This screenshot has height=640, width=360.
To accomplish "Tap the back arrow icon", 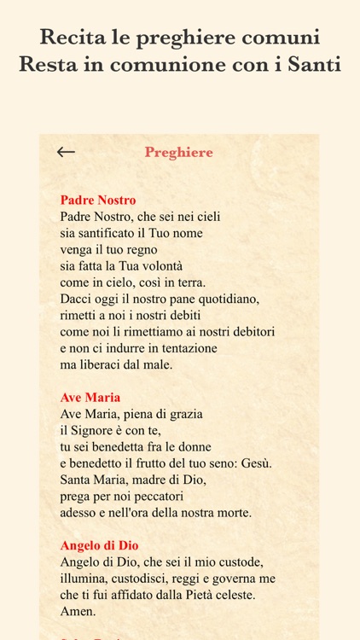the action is (x=66, y=153).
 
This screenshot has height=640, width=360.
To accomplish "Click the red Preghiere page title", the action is (x=179, y=153).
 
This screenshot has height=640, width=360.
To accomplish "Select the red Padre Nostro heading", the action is (x=98, y=201).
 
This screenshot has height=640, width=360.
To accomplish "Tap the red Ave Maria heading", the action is (x=90, y=398).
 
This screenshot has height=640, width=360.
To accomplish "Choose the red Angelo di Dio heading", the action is (x=100, y=545).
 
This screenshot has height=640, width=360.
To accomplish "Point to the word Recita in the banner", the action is (x=72, y=37).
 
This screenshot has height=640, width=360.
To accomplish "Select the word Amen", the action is (x=78, y=611).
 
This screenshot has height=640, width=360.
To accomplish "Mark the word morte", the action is (x=233, y=513).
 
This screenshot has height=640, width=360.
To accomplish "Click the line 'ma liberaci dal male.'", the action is (x=117, y=364).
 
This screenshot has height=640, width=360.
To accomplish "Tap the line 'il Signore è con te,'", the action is (x=111, y=430).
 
